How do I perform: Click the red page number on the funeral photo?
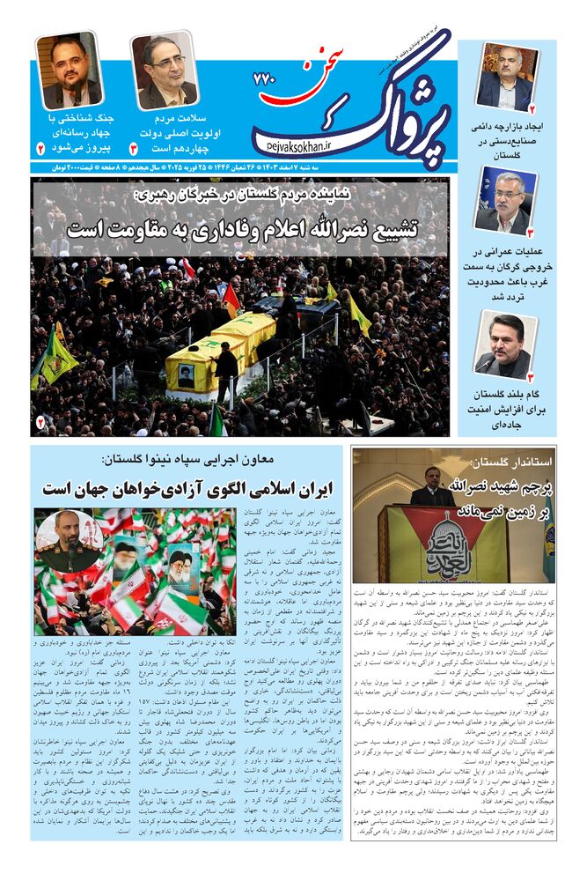[40, 425]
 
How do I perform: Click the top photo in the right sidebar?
[507, 78]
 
